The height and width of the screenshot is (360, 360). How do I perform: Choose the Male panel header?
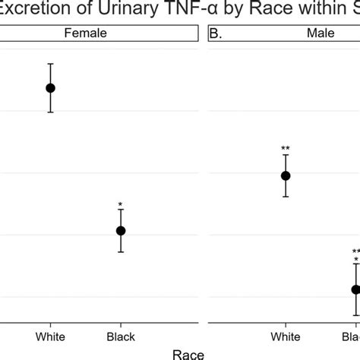pyautogui.click(x=286, y=33)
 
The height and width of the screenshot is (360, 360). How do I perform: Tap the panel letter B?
pyautogui.click(x=218, y=33)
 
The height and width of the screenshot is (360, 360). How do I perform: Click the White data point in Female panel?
pyautogui.click(x=50, y=87)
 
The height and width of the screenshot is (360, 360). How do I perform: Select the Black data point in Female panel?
pyautogui.click(x=120, y=230)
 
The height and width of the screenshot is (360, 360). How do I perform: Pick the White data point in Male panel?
pyautogui.click(x=286, y=175)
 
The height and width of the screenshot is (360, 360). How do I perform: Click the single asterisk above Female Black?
pyautogui.click(x=120, y=204)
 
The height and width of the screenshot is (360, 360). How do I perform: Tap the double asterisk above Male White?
pyautogui.click(x=286, y=149)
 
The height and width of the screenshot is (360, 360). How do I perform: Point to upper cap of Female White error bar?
pyautogui.click(x=50, y=64)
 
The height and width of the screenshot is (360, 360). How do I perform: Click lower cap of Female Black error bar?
pyautogui.click(x=120, y=251)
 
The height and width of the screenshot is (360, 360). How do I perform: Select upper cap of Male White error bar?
pyautogui.click(x=286, y=155)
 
